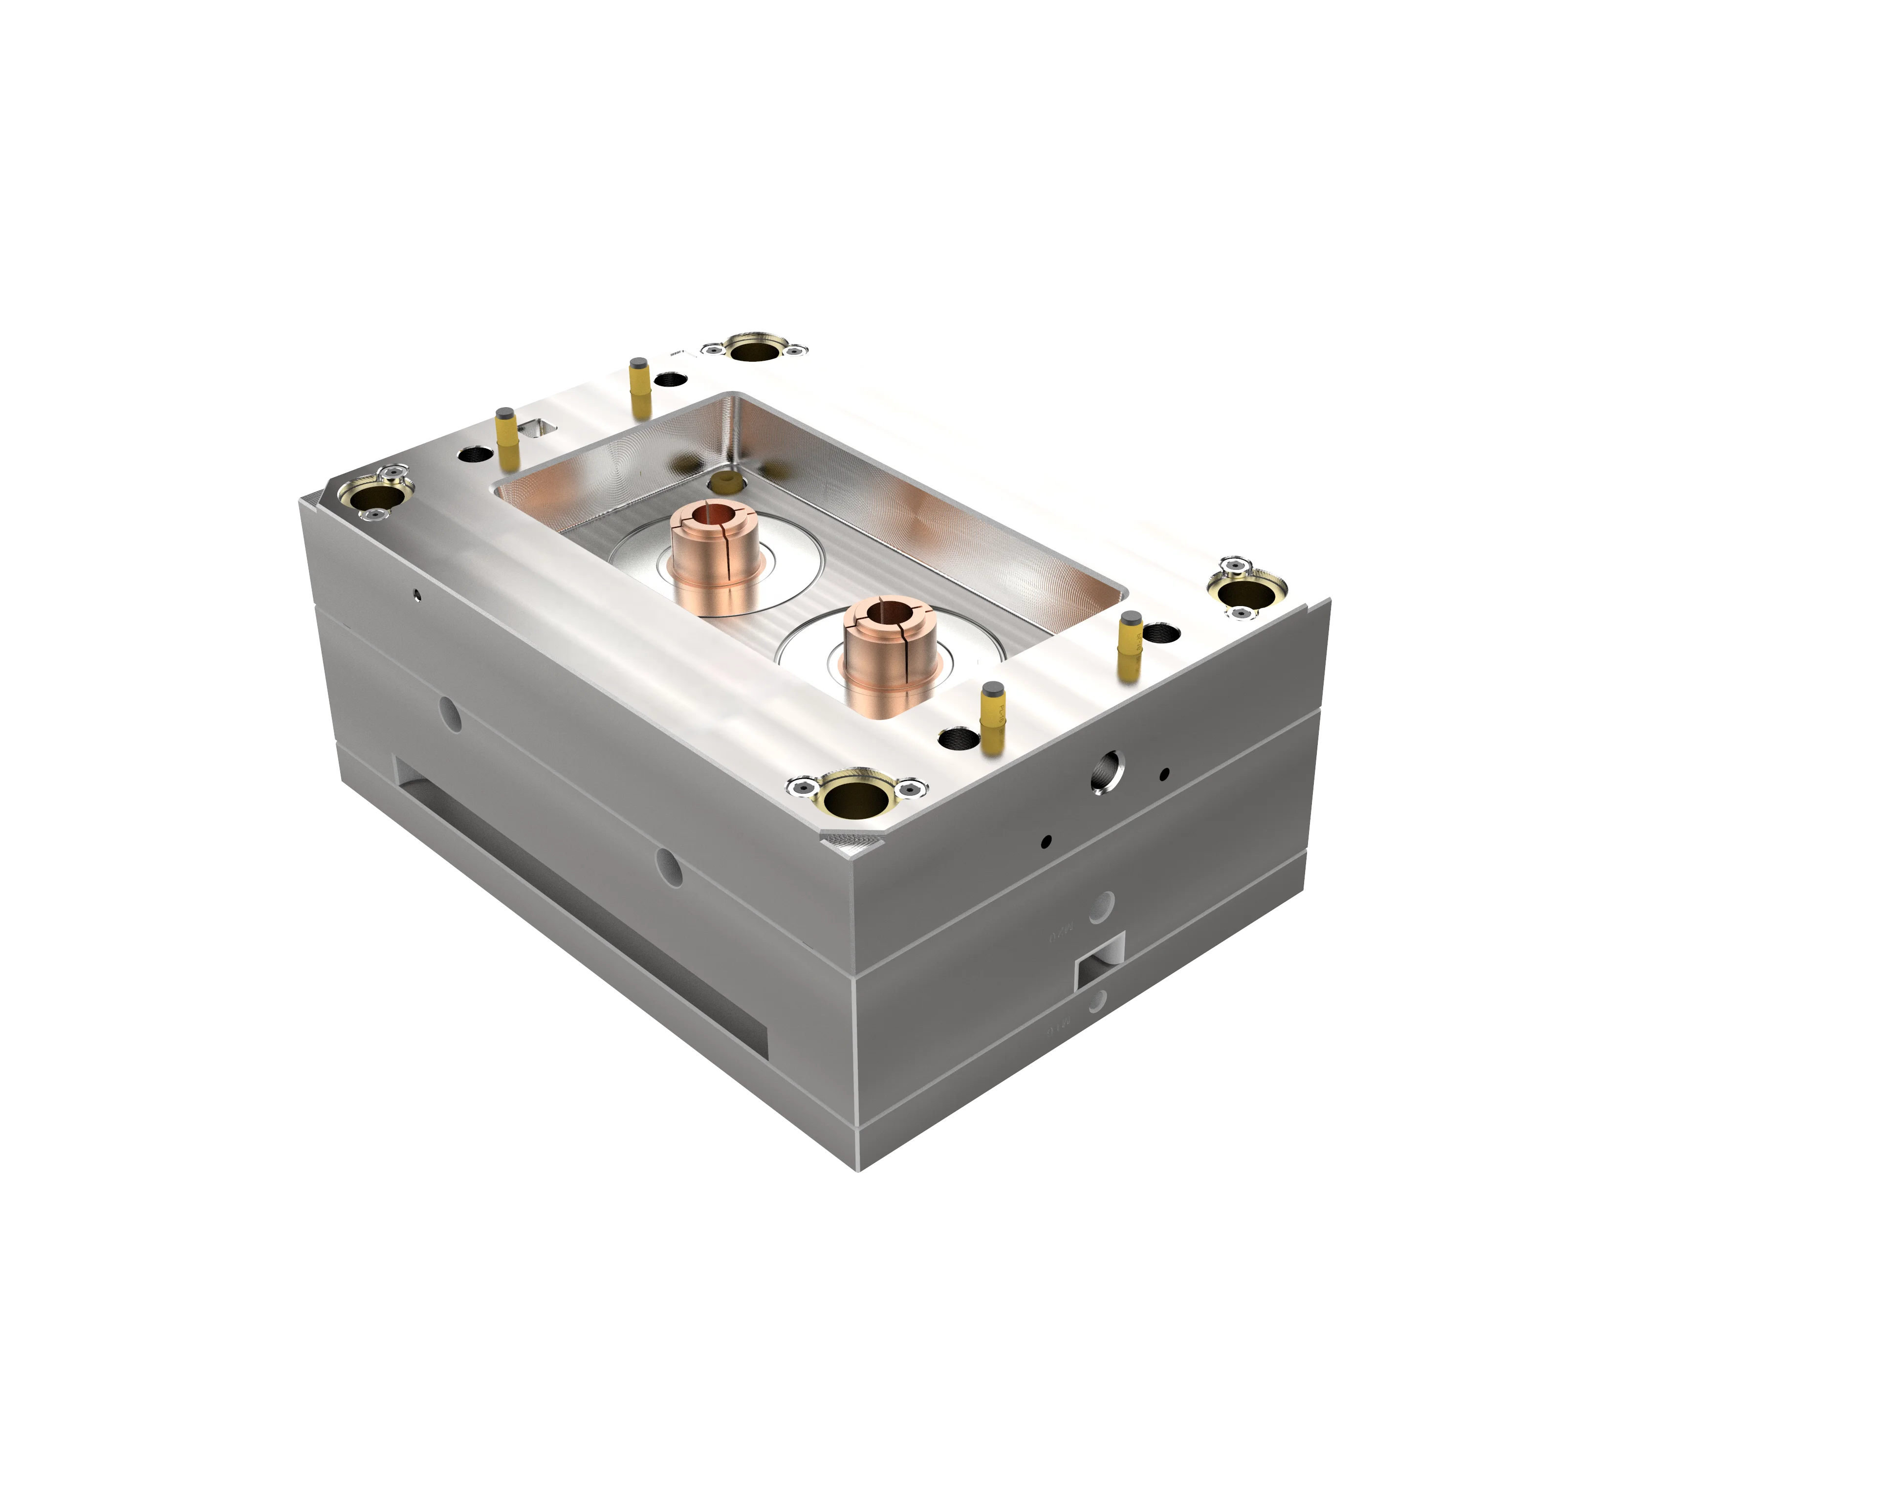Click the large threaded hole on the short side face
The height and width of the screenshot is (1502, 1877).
click(x=1107, y=771)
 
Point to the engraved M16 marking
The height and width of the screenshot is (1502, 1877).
click(x=1055, y=1029)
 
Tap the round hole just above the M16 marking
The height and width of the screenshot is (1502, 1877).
click(x=1097, y=1001)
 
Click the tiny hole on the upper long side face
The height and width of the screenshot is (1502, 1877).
click(x=416, y=595)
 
